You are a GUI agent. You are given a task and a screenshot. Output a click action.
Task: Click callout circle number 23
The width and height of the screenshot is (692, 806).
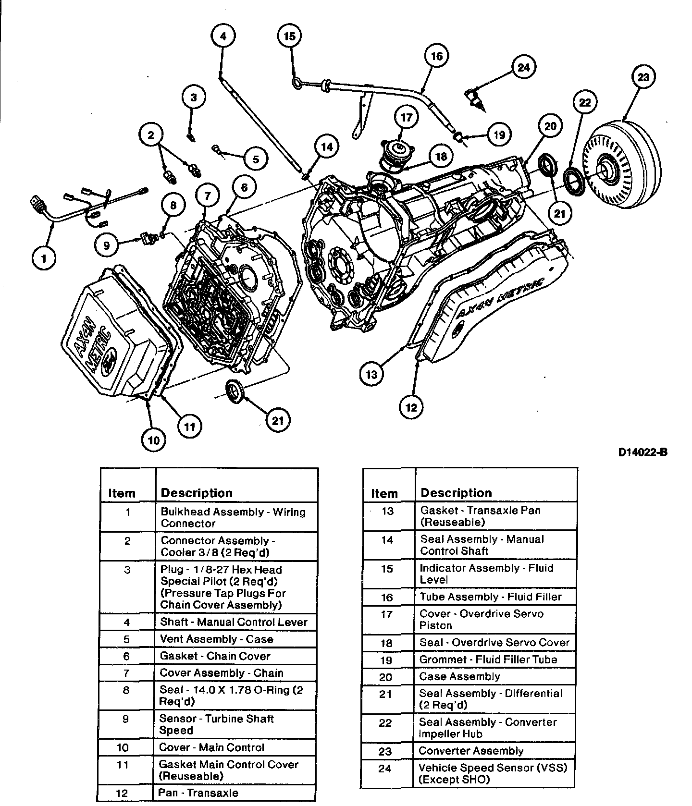tap(643, 77)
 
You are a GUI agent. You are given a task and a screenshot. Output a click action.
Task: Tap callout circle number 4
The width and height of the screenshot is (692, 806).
tap(222, 36)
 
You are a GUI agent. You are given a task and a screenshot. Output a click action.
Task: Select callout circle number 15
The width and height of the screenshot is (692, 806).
tap(289, 36)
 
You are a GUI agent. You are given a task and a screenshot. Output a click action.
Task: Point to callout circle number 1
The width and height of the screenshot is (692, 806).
tap(44, 259)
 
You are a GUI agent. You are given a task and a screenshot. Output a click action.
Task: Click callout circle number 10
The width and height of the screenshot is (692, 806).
tap(154, 440)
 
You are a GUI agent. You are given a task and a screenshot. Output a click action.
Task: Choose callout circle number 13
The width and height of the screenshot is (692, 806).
tap(371, 374)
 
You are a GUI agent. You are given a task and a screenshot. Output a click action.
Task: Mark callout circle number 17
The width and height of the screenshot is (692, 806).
tap(407, 118)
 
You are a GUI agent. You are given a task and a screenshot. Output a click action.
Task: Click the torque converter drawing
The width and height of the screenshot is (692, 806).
tap(620, 163)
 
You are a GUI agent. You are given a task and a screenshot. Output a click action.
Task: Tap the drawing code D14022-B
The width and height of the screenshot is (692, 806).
tap(643, 452)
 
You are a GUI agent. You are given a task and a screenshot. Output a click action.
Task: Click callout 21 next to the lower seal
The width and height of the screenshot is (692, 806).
tap(278, 421)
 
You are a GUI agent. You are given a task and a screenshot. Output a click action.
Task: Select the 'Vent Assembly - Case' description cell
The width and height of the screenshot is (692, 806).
tap(217, 639)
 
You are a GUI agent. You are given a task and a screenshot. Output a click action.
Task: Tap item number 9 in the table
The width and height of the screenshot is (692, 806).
tap(126, 719)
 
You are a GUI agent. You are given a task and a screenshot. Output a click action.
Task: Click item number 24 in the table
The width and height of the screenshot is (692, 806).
tap(385, 769)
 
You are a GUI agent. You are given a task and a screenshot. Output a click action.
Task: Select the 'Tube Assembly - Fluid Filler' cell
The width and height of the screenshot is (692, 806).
tap(491, 597)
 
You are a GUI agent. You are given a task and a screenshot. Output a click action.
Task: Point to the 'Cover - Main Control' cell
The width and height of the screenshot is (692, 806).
tap(212, 747)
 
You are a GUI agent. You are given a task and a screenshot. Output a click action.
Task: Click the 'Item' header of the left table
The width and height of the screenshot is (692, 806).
tap(122, 493)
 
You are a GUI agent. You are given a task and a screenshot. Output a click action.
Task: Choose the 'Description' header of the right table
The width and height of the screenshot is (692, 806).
tap(456, 493)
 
